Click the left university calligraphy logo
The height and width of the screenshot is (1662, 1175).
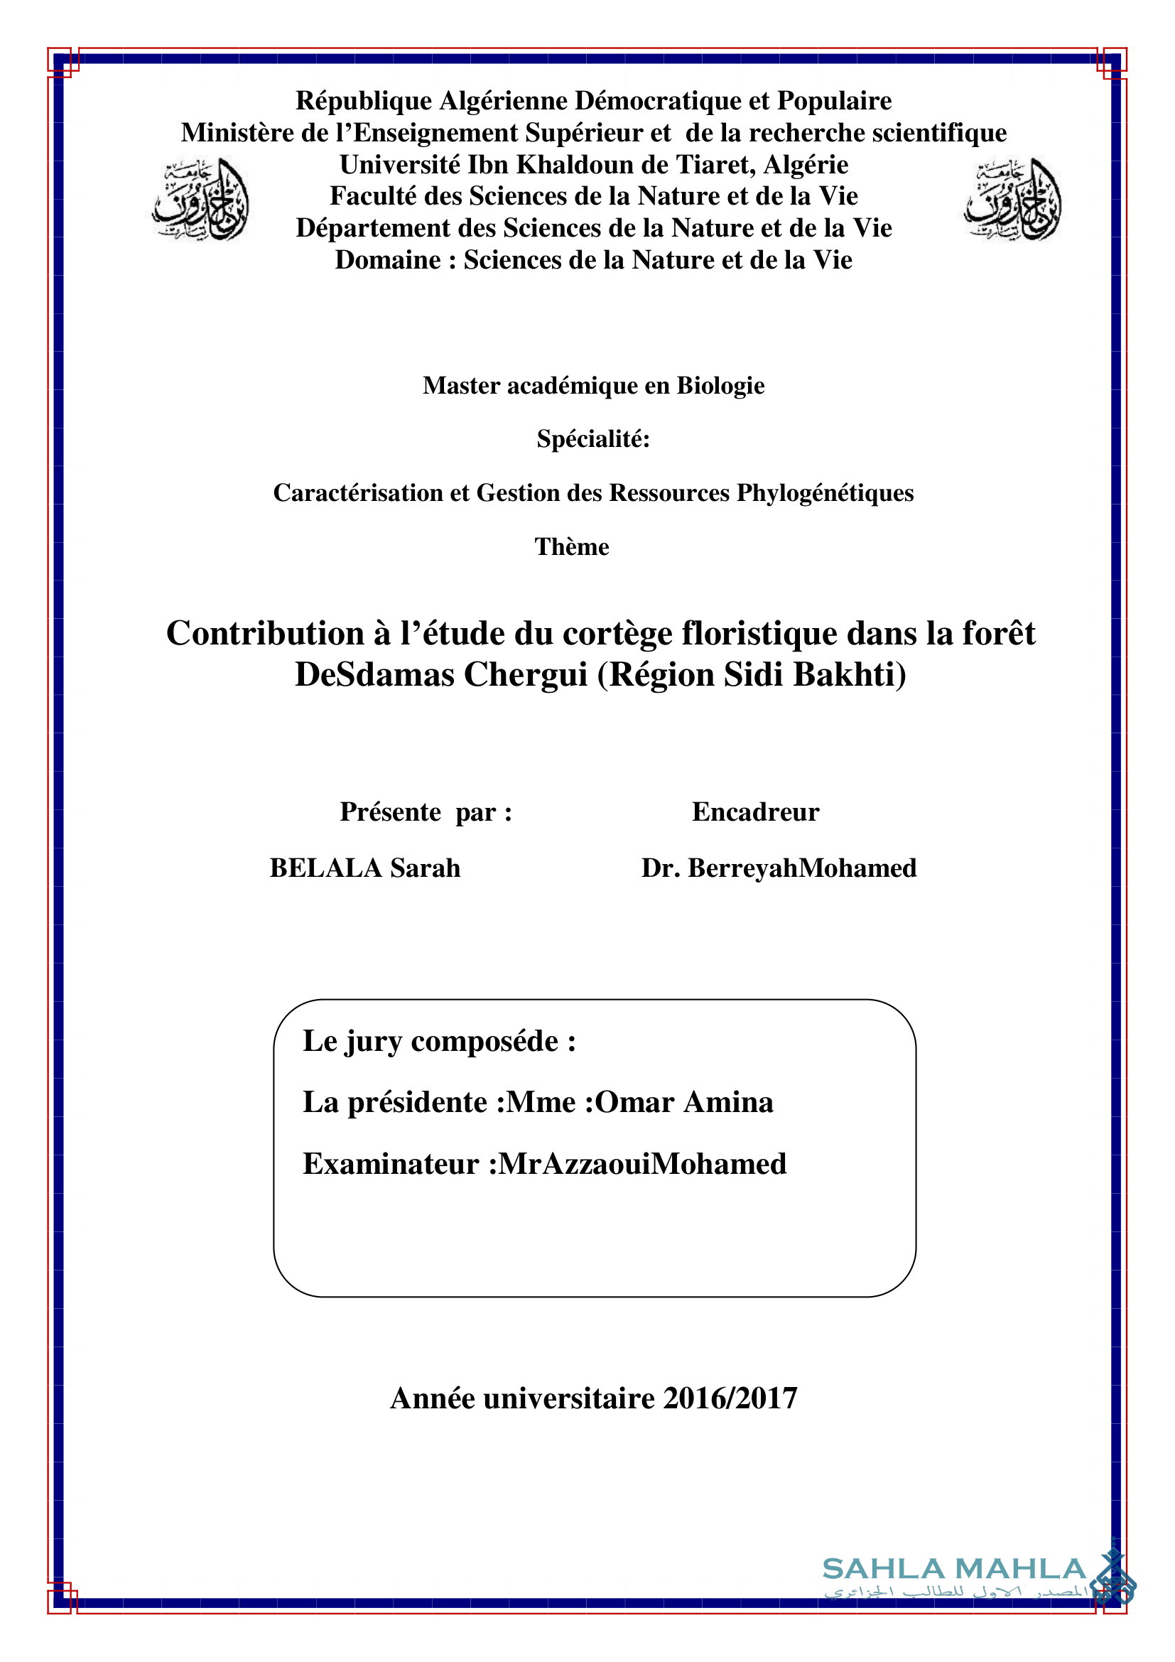coord(201,199)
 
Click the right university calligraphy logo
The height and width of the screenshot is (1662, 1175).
coord(1013,199)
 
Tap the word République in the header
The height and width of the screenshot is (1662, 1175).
coord(363,102)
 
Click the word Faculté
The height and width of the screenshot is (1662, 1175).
coord(374,196)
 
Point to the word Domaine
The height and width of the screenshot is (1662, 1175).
coord(388,260)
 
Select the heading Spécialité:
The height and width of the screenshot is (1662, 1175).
coord(592,438)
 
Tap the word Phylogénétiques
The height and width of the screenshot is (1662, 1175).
coord(825,493)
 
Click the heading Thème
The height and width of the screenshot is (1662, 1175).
coord(572,546)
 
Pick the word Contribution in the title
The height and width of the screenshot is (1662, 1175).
coord(265,633)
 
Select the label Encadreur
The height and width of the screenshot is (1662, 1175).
coord(754,812)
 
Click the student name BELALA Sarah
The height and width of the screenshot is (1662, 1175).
coord(364,868)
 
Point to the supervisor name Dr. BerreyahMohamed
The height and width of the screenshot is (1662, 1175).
coord(779,868)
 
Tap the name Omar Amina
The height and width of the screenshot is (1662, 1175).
coord(683,1103)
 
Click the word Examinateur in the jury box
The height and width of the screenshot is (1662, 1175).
coord(391,1164)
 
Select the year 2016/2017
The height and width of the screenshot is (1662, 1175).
coord(730,1398)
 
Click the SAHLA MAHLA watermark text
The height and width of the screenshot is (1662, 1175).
coord(953,1570)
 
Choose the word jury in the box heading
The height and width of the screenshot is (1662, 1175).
coord(374,1042)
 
